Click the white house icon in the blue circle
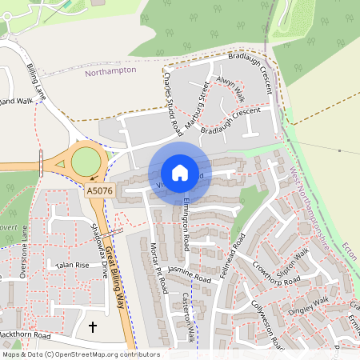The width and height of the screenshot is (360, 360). [x=180, y=172]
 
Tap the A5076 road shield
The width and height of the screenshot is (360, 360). [x=100, y=191]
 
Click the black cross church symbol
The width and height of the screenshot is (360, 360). [x=92, y=326]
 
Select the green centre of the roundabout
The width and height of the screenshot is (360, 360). [x=87, y=162]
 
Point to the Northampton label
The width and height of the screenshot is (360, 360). [x=110, y=70]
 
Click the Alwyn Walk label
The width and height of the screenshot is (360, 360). [x=230, y=90]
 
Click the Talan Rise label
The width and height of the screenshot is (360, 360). [x=70, y=265]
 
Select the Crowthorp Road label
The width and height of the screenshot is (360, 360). [x=276, y=274]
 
